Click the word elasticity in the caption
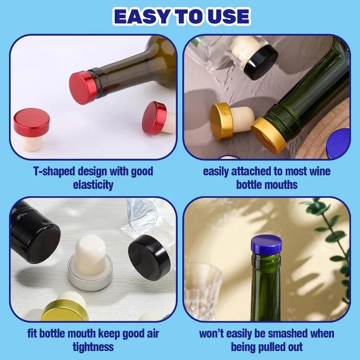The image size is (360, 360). pos(93,184)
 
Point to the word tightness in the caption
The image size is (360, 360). pos(93,346)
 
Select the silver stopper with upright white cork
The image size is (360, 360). pos(90,264)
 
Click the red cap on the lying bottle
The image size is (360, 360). pos(83,88)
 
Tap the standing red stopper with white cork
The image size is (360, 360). pos(31,129)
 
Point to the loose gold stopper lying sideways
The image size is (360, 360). pos(231,121)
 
